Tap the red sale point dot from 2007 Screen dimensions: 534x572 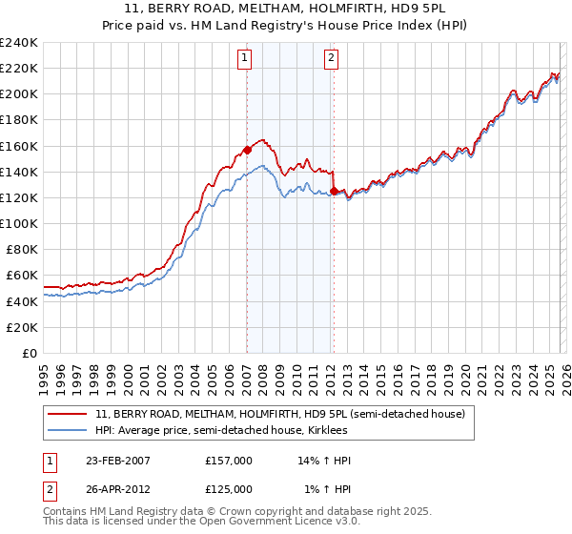coord(247,150)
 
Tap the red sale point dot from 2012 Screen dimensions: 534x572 coord(334,191)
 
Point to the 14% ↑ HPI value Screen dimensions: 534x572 coord(325,461)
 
